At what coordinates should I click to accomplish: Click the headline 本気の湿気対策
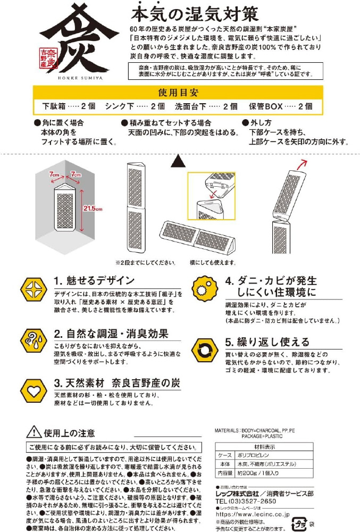(x=195, y=14)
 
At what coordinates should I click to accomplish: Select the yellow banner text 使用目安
(x=178, y=93)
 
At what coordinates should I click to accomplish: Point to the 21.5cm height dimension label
(x=93, y=209)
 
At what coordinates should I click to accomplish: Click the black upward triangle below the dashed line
(x=178, y=161)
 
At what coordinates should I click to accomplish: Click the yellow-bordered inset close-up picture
(x=212, y=196)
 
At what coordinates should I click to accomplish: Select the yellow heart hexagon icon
(x=34, y=391)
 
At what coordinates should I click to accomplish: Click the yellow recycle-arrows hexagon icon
(x=205, y=350)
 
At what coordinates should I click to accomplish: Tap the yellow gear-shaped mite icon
(x=204, y=289)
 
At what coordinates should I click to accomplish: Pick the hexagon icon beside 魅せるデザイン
(x=34, y=289)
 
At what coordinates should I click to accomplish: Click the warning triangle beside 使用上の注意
(x=34, y=432)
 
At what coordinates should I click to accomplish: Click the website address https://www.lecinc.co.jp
(x=253, y=514)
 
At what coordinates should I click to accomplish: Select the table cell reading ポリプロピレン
(x=253, y=455)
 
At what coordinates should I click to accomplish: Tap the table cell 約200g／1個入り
(x=258, y=472)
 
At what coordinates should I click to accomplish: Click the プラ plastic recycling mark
(x=299, y=524)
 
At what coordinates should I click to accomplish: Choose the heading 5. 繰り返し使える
(x=267, y=342)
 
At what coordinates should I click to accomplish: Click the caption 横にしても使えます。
(x=213, y=262)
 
